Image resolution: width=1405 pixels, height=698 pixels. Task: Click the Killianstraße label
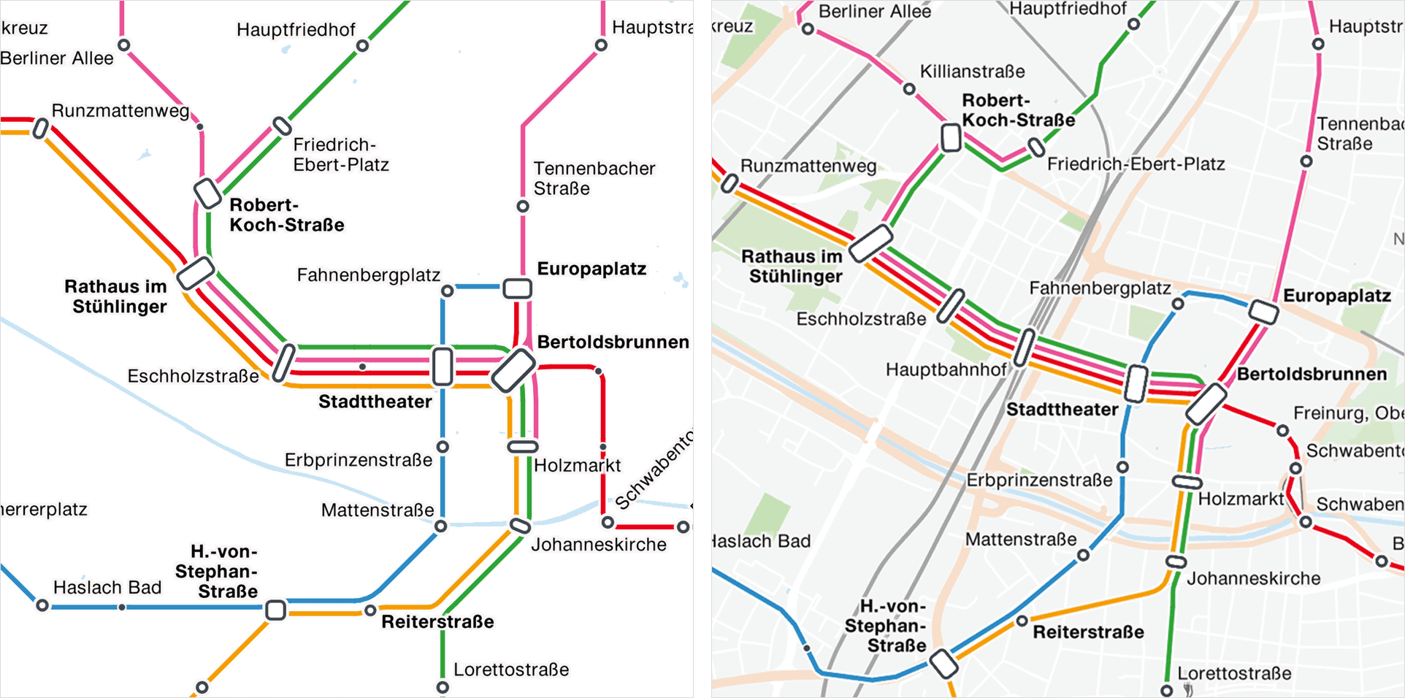[971, 72]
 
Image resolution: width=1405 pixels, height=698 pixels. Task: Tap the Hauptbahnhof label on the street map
[946, 369]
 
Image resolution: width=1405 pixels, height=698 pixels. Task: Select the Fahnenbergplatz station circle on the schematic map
[448, 291]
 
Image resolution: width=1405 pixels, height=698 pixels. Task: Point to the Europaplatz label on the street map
[1336, 296]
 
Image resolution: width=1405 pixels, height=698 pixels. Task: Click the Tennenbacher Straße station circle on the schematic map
[523, 207]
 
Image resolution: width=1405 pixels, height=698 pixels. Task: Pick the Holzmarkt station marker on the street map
[1187, 481]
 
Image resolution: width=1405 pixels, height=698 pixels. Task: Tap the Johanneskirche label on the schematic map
[598, 545]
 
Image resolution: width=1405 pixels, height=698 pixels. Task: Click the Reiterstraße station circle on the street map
[1022, 621]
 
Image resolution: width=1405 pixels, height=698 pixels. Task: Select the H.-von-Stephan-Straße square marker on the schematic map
[275, 610]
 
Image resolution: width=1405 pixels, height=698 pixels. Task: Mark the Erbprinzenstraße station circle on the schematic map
[443, 446]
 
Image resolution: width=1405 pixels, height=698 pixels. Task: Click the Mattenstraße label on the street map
[1020, 540]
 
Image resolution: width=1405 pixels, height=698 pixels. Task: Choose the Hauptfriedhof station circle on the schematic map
[362, 46]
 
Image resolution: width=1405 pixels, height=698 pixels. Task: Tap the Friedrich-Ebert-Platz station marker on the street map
[1036, 148]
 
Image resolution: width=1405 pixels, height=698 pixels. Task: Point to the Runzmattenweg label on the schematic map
[120, 111]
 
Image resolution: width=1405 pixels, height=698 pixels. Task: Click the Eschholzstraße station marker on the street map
[951, 306]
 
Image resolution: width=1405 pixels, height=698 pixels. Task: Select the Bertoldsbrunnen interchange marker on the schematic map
[513, 370]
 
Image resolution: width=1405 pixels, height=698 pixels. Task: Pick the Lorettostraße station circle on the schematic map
[443, 687]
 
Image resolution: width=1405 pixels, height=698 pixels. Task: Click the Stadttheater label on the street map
[1062, 410]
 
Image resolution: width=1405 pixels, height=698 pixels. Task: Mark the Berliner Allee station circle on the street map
[808, 29]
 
